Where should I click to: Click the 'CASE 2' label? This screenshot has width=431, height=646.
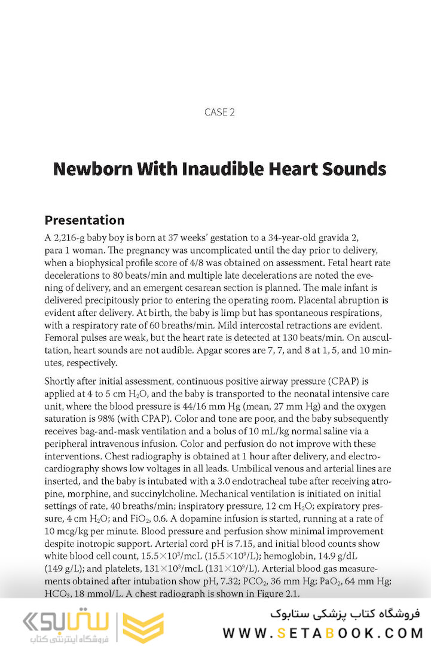point(216,112)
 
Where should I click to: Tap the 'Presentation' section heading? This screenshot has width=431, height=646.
point(84,220)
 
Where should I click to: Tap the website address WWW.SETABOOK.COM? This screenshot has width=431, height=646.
point(323,633)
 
